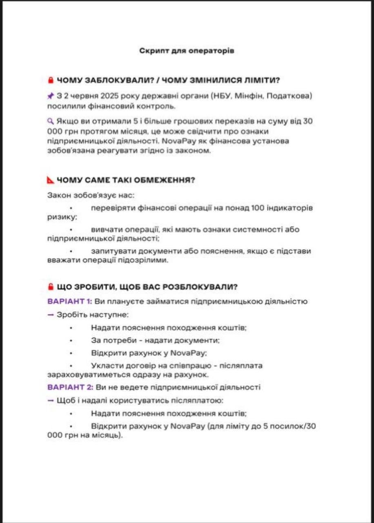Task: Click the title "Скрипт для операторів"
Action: [187, 51]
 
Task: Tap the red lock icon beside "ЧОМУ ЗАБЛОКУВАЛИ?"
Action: [51, 80]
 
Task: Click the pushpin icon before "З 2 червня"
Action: [51, 96]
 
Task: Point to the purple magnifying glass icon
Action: [51, 121]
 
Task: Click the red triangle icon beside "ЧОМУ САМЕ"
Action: [51, 180]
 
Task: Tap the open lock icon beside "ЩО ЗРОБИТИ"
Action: [51, 286]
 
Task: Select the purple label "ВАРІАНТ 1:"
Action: [70, 302]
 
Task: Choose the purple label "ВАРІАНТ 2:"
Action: [70, 387]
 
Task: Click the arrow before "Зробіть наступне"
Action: [51, 315]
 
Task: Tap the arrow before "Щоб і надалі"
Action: [51, 400]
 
